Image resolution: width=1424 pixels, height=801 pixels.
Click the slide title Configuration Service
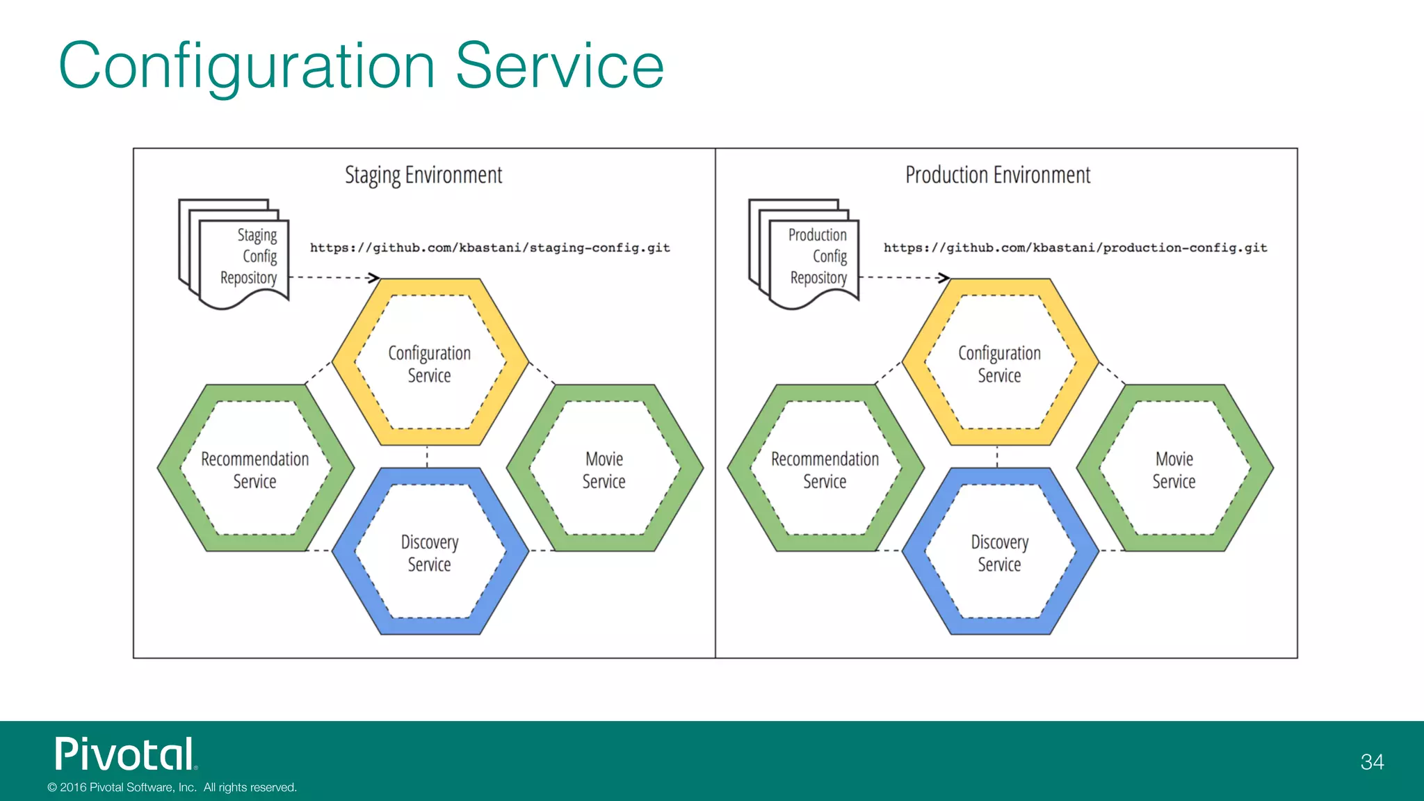click(361, 66)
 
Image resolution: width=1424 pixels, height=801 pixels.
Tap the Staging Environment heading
click(423, 175)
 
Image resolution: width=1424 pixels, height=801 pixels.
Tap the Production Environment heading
click(998, 175)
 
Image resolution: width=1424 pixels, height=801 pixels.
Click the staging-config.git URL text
click(489, 248)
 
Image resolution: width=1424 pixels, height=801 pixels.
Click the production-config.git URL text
click(1075, 248)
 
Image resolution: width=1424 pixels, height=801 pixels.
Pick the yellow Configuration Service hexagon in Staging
click(430, 363)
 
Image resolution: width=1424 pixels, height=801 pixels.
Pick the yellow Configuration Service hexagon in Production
click(1000, 363)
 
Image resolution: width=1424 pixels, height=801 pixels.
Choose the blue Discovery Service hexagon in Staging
click(430, 552)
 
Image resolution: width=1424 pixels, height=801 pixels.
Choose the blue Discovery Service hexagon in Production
click(1000, 552)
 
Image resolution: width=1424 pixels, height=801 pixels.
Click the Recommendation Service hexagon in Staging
click(255, 469)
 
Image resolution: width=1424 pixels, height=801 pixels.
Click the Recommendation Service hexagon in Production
click(825, 469)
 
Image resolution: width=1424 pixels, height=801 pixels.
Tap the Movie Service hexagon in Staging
click(604, 469)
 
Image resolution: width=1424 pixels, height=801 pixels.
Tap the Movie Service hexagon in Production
click(1174, 469)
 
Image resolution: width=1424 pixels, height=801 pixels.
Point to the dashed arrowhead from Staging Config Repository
click(375, 277)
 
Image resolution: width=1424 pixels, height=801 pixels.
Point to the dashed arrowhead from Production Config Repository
click(944, 277)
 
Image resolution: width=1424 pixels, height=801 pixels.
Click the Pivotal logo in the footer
click(126, 754)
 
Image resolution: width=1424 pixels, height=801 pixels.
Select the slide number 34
click(1372, 762)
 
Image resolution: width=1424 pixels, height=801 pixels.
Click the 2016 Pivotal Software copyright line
click(172, 787)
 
